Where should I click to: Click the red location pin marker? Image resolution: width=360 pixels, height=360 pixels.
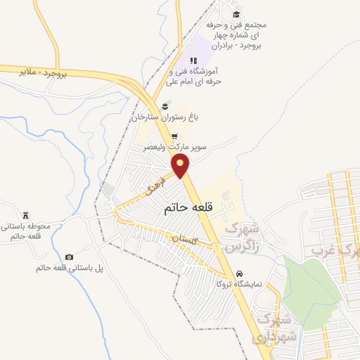click(181, 166)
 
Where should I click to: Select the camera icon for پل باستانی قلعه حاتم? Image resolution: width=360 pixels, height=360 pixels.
click(69, 257)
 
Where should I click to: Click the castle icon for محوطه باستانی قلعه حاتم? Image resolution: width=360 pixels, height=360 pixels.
click(27, 214)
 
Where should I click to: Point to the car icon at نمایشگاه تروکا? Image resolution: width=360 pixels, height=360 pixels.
click(239, 274)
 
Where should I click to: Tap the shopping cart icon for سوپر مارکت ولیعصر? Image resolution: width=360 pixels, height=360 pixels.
click(174, 138)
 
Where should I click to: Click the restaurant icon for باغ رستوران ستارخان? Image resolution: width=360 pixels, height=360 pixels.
click(165, 107)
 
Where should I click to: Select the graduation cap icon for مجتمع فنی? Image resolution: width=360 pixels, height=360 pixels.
click(236, 14)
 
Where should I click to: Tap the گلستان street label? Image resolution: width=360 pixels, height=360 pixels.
click(188, 240)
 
